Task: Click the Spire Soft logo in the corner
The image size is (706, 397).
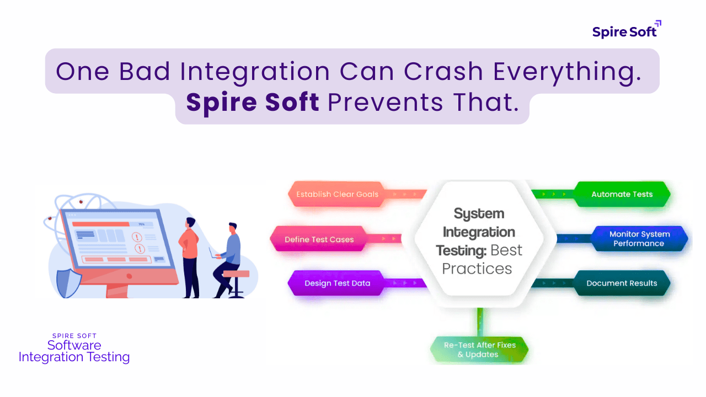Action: (627, 30)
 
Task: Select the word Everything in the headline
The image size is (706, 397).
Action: (567, 73)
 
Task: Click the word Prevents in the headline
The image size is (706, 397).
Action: (385, 103)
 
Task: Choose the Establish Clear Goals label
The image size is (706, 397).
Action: (337, 195)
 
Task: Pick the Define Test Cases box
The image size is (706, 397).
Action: (319, 239)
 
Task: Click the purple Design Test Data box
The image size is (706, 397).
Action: (337, 283)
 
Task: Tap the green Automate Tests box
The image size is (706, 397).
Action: (622, 195)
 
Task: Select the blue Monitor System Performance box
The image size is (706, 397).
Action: (639, 239)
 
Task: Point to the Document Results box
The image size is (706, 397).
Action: (622, 283)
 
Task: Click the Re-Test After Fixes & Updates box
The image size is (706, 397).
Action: (479, 350)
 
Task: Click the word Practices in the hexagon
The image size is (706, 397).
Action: (477, 269)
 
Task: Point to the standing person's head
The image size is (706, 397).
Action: (190, 223)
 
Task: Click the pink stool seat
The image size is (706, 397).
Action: (236, 273)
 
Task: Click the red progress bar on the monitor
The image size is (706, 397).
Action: (101, 224)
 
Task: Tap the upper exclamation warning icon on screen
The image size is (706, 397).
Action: (137, 237)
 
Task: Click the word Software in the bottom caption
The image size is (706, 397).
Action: (74, 345)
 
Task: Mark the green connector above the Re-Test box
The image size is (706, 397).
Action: (480, 322)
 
